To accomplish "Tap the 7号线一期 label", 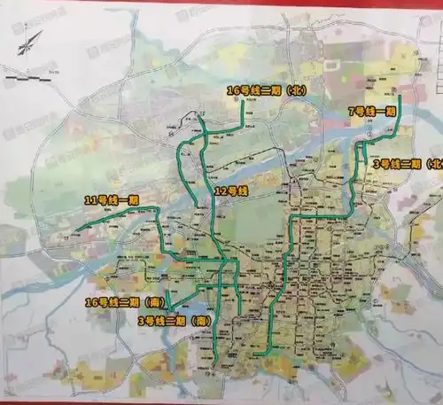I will (371, 112).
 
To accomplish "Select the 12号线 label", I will (231, 191).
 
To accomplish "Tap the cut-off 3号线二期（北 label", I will (408, 164).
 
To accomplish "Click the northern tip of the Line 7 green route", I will (400, 97).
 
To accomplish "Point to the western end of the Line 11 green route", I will (76, 231).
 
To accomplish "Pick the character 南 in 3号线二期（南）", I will (204, 320).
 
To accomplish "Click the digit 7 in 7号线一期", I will (352, 112).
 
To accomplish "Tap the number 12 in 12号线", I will (220, 191).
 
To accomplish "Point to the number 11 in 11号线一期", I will (88, 199).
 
